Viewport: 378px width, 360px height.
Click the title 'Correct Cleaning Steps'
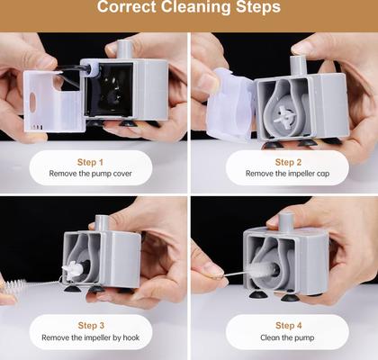[x=188, y=8]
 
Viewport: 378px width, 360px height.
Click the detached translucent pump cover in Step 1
[x=49, y=94]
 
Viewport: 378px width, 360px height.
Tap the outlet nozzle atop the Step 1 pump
[x=124, y=49]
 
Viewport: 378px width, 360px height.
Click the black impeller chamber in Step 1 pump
[x=109, y=94]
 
